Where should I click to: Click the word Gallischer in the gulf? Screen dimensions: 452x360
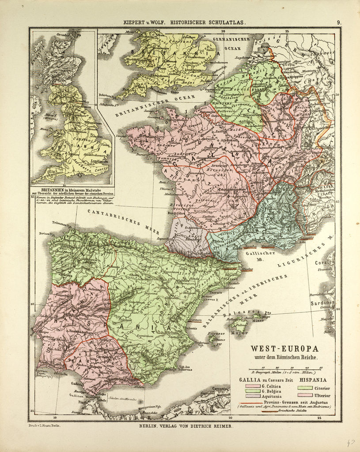(x=268, y=254)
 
